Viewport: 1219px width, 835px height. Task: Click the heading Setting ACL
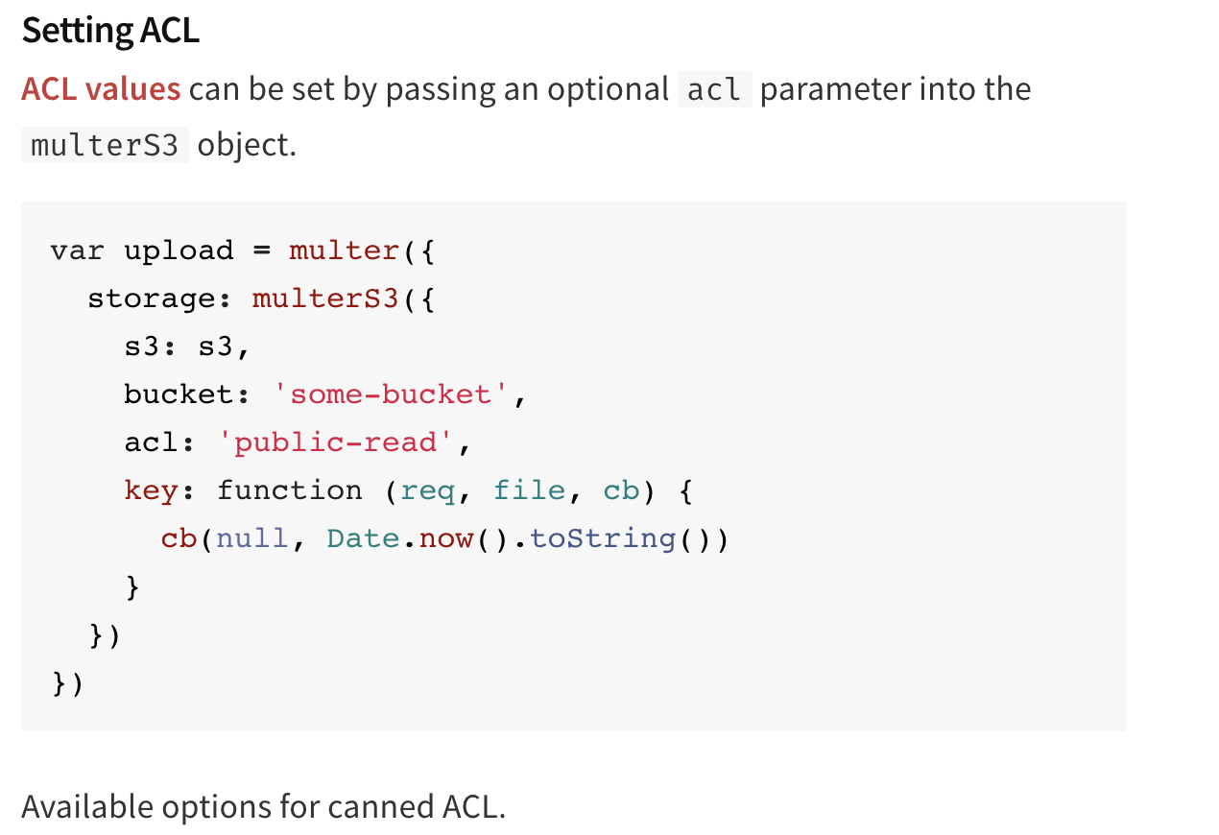point(110,31)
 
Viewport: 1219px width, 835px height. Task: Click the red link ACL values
point(101,89)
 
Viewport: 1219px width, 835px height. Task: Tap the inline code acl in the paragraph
point(714,89)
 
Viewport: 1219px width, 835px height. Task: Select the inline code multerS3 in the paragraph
point(105,145)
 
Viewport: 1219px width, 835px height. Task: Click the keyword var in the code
point(78,250)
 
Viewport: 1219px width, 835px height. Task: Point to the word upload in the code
point(179,250)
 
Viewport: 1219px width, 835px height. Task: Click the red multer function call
point(344,250)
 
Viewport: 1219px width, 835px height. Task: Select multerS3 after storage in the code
point(325,298)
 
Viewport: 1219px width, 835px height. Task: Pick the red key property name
point(151,490)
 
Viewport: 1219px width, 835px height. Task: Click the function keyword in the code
point(289,490)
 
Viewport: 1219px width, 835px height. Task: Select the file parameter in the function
point(529,490)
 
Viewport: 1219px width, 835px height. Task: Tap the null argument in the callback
point(251,538)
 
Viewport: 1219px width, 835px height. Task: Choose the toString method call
point(603,538)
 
